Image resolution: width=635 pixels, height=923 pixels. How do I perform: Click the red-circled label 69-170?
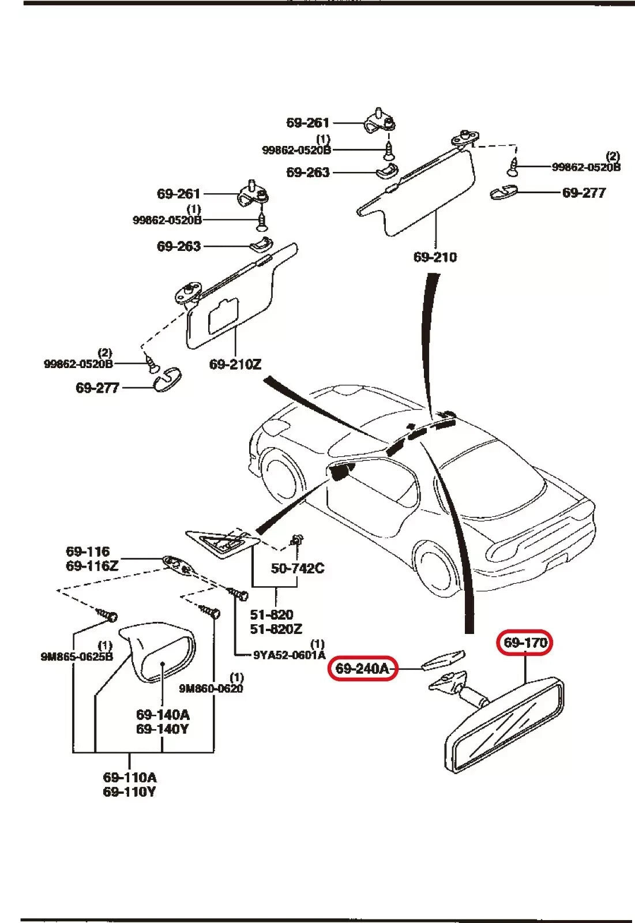coord(525,642)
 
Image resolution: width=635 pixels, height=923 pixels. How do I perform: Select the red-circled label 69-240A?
coord(362,669)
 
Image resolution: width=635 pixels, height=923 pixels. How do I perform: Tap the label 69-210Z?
coord(235,364)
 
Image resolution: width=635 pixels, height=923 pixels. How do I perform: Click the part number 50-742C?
coord(298,568)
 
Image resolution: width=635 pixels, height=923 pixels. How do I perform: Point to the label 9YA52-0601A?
coord(290,655)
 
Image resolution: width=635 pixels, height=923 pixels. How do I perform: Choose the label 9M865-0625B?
coord(77,656)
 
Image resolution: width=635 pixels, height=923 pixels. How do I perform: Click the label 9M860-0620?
coord(211,688)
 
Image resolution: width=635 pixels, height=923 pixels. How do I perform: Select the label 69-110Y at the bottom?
coord(129,791)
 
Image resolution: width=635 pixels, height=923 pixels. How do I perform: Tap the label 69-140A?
coord(163,714)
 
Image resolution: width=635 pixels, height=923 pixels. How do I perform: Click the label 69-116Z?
coord(92,566)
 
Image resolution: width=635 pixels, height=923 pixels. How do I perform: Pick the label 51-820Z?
coord(276,629)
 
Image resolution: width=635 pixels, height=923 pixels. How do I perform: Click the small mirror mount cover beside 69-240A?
coord(443,659)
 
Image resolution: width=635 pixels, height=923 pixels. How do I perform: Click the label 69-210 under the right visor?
coord(435,257)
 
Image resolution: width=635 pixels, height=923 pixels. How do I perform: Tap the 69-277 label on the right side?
coord(584,193)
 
